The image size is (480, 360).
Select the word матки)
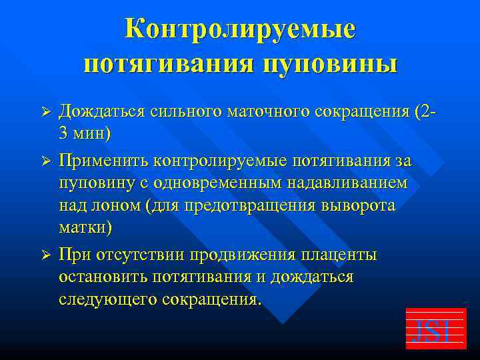[x=85, y=226]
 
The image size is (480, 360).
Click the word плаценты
[x=339, y=254]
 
